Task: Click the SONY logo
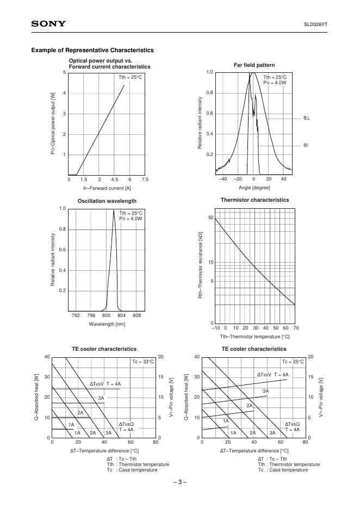pos(48,24)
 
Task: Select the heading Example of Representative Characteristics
pos(92,51)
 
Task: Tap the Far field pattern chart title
pos(254,65)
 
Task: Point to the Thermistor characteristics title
pos(255,200)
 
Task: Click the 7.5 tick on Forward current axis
pos(145,179)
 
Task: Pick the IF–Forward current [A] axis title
pos(107,188)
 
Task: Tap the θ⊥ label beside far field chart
pos(307,118)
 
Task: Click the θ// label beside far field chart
pos(307,145)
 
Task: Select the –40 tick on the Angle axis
pos(222,179)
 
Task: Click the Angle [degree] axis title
pos(253,188)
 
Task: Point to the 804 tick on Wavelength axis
pos(121,315)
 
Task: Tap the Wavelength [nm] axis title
pos(107,324)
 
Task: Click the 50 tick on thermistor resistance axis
pos(210,218)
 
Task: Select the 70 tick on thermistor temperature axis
pos(295,328)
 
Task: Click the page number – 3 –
pos(180,482)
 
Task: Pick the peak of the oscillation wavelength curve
pos(114,210)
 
